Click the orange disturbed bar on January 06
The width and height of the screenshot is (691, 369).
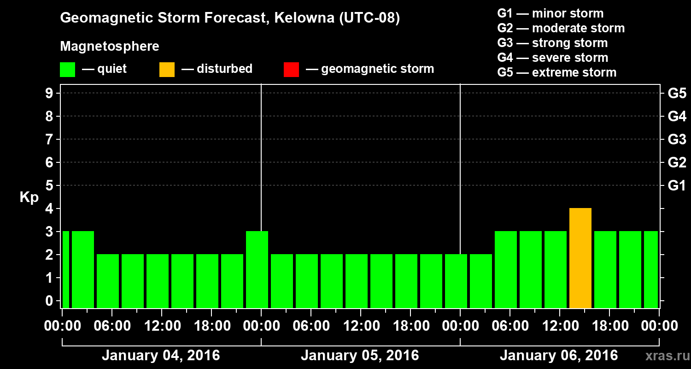click(580, 258)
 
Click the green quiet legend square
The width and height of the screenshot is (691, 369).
click(67, 70)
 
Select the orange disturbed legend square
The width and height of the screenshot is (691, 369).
click(167, 70)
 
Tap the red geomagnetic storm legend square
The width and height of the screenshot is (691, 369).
click(291, 70)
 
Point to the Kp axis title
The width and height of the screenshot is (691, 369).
click(29, 197)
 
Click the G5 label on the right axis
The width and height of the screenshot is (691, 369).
click(677, 94)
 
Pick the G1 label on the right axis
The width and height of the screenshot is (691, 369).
click(677, 186)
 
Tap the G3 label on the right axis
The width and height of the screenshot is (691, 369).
click(677, 140)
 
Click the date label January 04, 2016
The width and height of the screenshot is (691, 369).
click(161, 356)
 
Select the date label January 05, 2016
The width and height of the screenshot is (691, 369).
click(360, 356)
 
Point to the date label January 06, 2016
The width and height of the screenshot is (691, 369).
click(559, 356)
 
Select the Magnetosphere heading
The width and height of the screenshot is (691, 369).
click(110, 47)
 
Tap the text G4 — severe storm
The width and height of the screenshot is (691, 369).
click(552, 58)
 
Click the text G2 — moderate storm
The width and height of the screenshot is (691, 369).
click(561, 28)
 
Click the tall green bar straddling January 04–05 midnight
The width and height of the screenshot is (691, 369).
click(257, 270)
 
